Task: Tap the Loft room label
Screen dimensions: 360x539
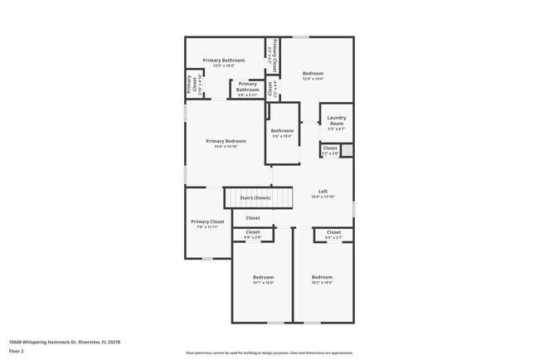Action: click(x=323, y=193)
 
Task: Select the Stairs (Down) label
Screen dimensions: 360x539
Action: click(x=255, y=198)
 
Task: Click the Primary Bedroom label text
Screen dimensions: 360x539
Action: click(x=226, y=143)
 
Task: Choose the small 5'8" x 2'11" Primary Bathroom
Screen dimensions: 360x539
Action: click(x=247, y=86)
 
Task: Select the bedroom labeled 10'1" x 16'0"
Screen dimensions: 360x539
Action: click(x=263, y=279)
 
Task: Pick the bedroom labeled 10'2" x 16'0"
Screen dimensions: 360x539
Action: click(x=322, y=279)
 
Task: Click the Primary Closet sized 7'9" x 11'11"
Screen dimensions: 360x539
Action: click(x=207, y=224)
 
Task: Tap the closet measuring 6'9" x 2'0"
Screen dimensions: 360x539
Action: click(x=252, y=234)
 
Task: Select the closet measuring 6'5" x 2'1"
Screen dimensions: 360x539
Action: click(x=333, y=234)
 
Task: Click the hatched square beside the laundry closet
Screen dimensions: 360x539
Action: click(x=347, y=150)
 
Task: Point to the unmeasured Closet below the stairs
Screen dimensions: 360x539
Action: click(x=252, y=218)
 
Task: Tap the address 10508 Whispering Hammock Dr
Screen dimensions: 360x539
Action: click(x=64, y=341)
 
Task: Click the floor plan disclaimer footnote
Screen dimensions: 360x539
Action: click(x=269, y=353)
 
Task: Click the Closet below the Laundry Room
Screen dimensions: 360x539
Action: click(x=330, y=150)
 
